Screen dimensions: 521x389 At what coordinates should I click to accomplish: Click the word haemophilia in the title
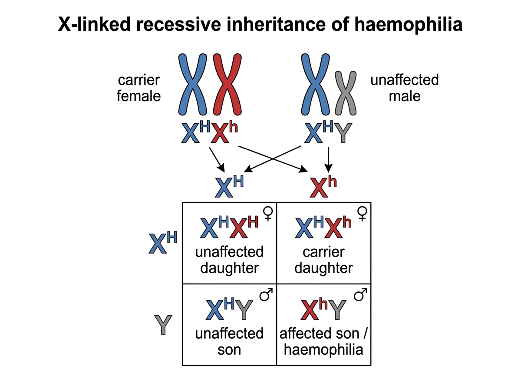[408, 24]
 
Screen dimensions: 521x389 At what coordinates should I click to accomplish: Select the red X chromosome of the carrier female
[227, 85]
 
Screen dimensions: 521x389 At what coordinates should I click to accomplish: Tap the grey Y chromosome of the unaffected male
[346, 93]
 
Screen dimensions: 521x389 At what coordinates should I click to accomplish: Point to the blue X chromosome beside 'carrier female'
[192, 85]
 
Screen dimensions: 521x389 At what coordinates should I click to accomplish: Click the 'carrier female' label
[139, 88]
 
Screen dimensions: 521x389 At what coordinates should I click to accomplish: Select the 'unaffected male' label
[405, 88]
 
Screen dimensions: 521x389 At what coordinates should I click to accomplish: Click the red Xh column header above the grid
[323, 188]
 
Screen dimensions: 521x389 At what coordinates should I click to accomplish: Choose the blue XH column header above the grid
[229, 187]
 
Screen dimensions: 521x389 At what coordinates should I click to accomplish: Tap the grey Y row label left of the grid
[163, 325]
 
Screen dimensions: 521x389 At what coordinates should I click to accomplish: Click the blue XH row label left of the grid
[163, 243]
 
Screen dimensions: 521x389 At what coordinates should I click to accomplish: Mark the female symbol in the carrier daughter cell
[362, 214]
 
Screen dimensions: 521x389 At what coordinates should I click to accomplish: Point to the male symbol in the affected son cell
[360, 294]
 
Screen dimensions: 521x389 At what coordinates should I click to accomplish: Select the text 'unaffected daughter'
[229, 260]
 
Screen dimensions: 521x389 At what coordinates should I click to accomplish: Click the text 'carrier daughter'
[323, 260]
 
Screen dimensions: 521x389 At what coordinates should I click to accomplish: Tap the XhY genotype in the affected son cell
[323, 309]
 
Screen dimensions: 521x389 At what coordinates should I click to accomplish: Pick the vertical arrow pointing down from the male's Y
[328, 159]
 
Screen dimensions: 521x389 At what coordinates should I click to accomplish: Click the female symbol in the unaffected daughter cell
[268, 214]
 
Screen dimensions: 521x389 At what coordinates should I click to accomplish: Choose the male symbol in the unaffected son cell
[266, 294]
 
